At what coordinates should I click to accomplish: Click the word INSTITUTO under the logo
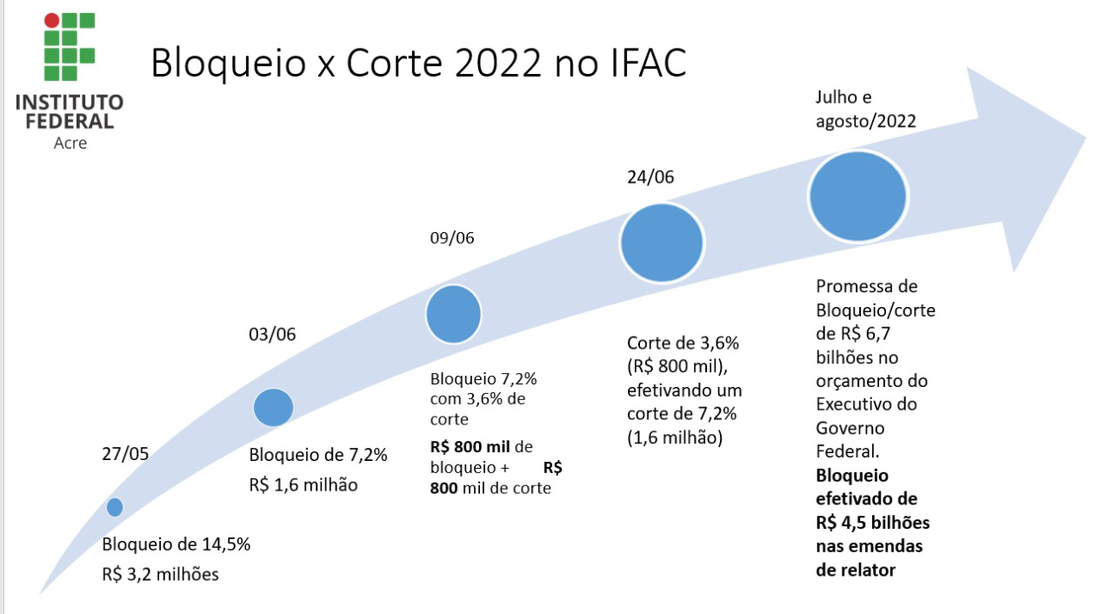[70, 103]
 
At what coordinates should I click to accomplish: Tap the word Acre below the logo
[70, 143]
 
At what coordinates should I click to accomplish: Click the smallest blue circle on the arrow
[114, 507]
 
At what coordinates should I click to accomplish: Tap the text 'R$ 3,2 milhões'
[161, 574]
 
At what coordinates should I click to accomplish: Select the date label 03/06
[273, 336]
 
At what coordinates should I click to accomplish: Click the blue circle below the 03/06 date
[273, 407]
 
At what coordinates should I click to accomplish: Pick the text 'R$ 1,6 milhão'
[303, 484]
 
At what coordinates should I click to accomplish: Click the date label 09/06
[452, 238]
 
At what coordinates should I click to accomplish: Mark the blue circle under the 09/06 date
[453, 314]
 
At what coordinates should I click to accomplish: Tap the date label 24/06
[650, 177]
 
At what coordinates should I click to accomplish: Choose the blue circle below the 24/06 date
[661, 243]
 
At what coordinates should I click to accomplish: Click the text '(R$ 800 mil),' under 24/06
[674, 366]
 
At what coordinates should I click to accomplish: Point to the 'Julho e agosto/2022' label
[865, 109]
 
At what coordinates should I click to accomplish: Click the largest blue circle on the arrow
[858, 197]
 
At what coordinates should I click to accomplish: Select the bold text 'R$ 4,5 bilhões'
[872, 524]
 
